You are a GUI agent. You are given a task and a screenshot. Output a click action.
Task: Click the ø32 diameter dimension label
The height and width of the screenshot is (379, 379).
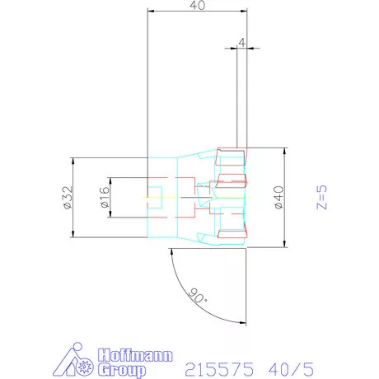(x=68, y=198)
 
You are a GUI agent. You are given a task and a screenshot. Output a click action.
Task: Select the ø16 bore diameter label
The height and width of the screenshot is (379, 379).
(x=105, y=197)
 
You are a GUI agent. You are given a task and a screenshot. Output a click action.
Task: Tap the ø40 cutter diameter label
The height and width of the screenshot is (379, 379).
(x=278, y=197)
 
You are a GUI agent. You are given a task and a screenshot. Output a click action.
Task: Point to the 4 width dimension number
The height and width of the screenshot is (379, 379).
(x=241, y=43)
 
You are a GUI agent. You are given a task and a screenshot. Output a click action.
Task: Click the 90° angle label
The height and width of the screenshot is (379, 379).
(x=198, y=296)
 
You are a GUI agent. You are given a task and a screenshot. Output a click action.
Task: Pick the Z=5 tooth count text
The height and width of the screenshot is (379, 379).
(x=321, y=198)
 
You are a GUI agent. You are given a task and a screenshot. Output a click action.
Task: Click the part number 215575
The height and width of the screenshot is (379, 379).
(x=219, y=369)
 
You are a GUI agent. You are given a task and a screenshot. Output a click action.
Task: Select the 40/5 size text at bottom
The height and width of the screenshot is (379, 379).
(x=291, y=369)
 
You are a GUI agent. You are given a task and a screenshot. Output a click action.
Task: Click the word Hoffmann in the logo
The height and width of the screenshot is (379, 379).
(x=136, y=355)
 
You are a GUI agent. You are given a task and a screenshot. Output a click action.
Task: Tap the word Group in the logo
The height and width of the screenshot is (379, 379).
(x=122, y=370)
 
